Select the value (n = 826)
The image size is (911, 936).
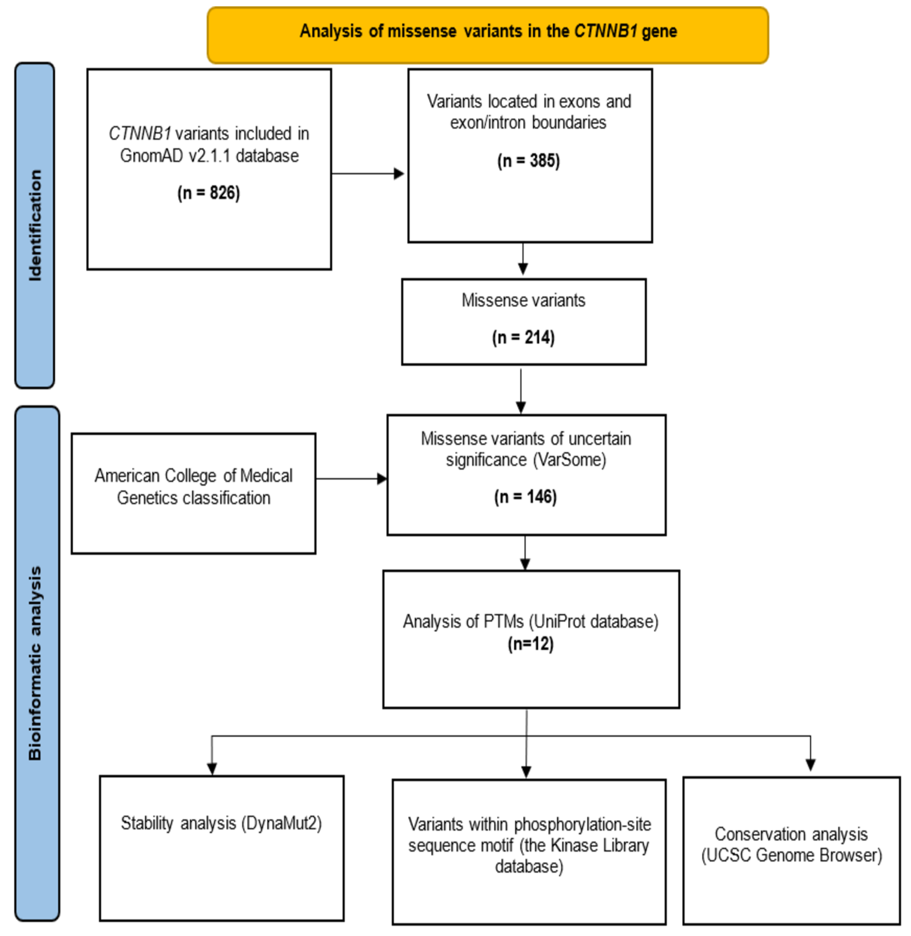[209, 193]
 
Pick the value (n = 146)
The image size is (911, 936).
[525, 497]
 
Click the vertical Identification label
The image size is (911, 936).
[35, 225]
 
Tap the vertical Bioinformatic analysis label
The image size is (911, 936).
[35, 663]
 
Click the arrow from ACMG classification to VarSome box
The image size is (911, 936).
[351, 478]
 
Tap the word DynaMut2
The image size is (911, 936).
[281, 823]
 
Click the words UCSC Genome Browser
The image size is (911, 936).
[791, 855]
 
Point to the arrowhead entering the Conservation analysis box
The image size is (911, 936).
[810, 764]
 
